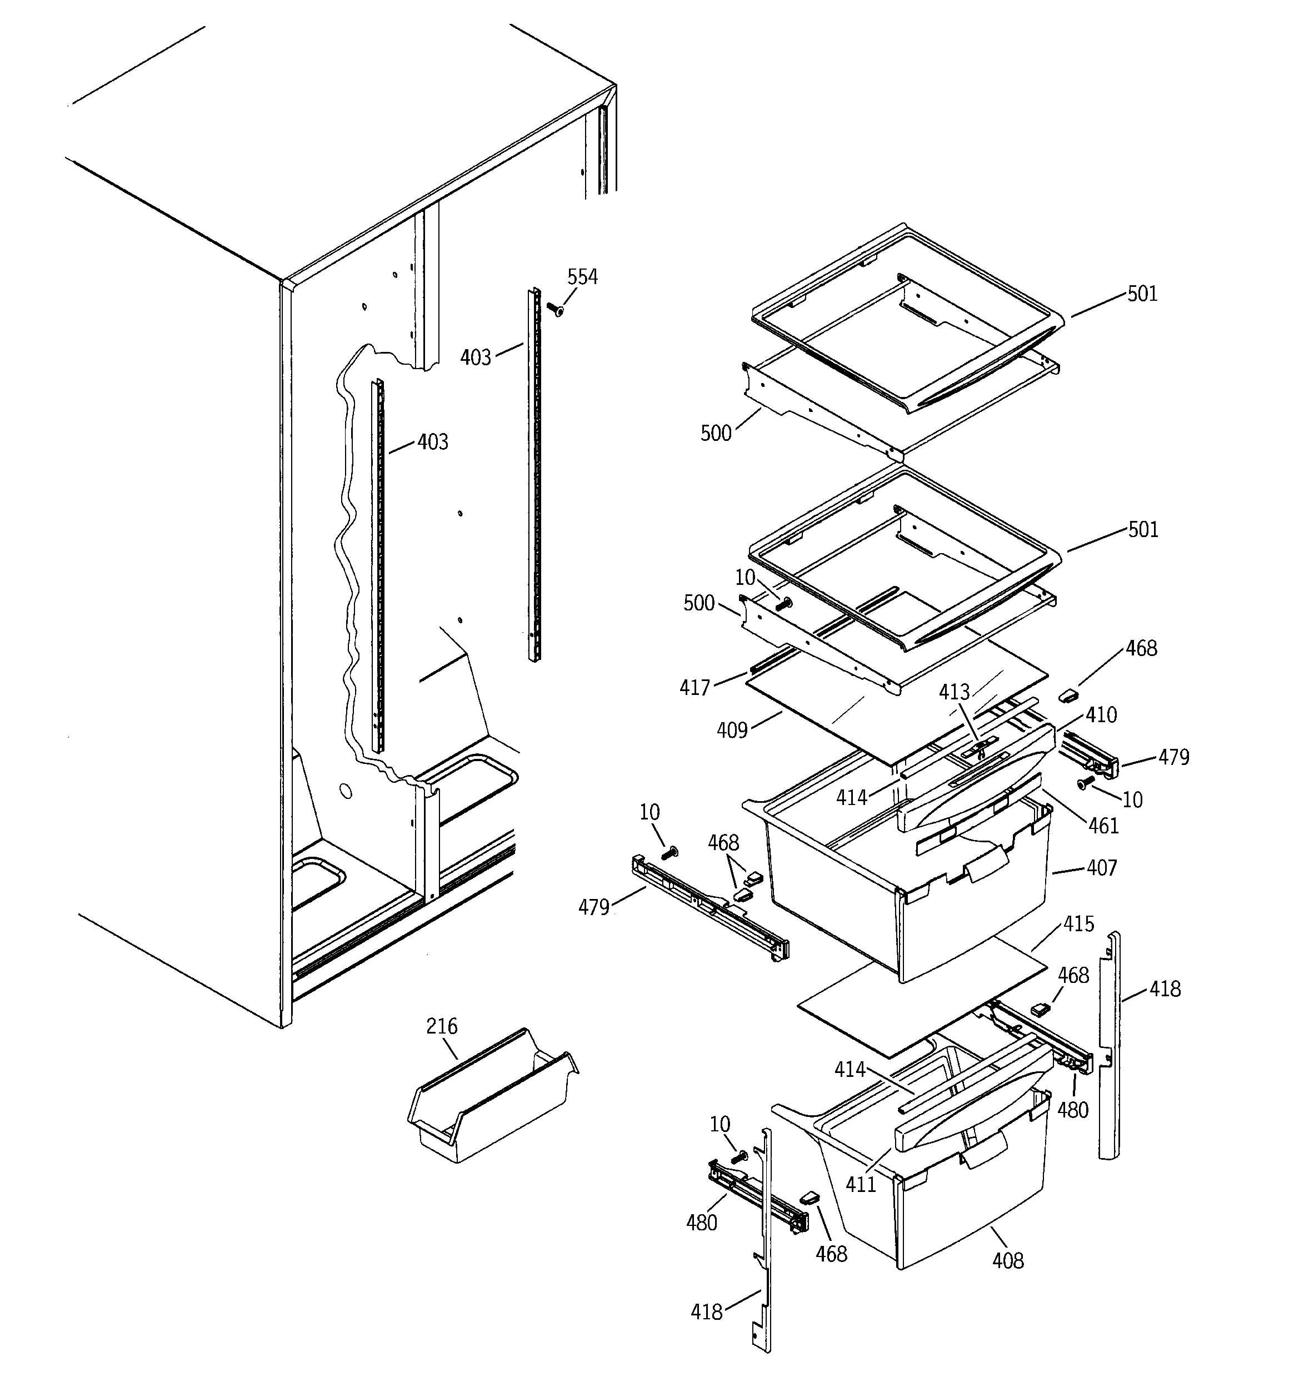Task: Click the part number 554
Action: point(582,277)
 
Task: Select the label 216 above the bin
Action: point(442,1025)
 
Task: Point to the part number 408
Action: point(1007,1260)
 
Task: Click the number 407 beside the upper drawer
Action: point(1102,867)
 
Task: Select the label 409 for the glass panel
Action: point(732,729)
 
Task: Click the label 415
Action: point(1078,923)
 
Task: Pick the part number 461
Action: point(1103,825)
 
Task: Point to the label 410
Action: point(1101,714)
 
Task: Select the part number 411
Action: point(861,1184)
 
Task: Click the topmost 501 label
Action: point(1142,294)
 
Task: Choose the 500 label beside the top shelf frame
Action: point(716,433)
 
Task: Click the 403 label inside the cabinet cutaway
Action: point(432,441)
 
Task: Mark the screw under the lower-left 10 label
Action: point(739,1156)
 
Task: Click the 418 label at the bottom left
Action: point(706,1312)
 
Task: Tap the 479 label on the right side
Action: point(1173,757)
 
